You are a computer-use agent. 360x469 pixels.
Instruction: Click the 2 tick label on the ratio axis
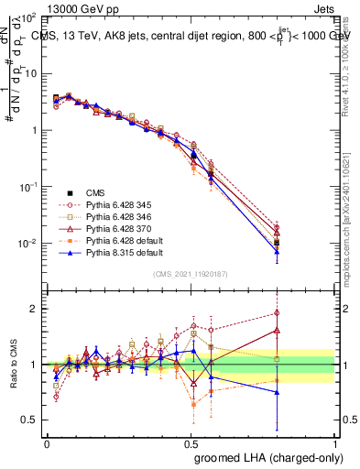coord(35,309)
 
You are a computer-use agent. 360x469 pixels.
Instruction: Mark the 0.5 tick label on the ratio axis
coord(29,420)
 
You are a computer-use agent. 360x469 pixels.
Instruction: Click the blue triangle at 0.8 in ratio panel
coord(278,392)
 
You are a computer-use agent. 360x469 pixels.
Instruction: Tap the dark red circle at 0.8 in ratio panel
coord(278,313)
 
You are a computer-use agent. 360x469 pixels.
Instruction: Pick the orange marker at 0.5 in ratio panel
coord(193,403)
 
